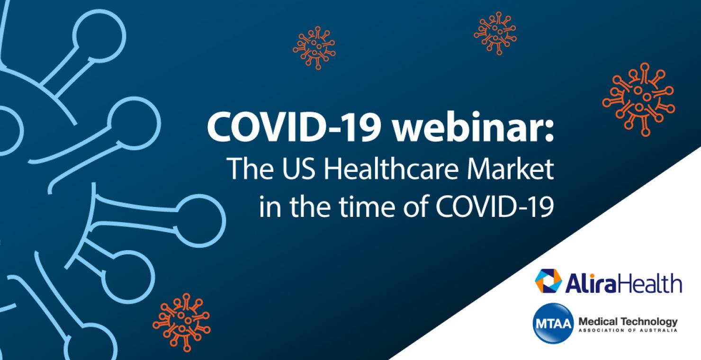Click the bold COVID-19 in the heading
[x=294, y=127]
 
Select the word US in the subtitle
[x=298, y=169]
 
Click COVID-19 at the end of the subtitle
[x=495, y=207]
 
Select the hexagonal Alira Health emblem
[x=548, y=281]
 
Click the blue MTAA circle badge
[x=553, y=323]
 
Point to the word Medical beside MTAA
[x=598, y=321]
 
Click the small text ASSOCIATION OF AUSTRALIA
[x=628, y=331]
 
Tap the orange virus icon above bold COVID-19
[x=314, y=48]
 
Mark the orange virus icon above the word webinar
[x=495, y=34]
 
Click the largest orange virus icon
[x=638, y=99]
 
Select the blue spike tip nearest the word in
[x=200, y=221]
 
